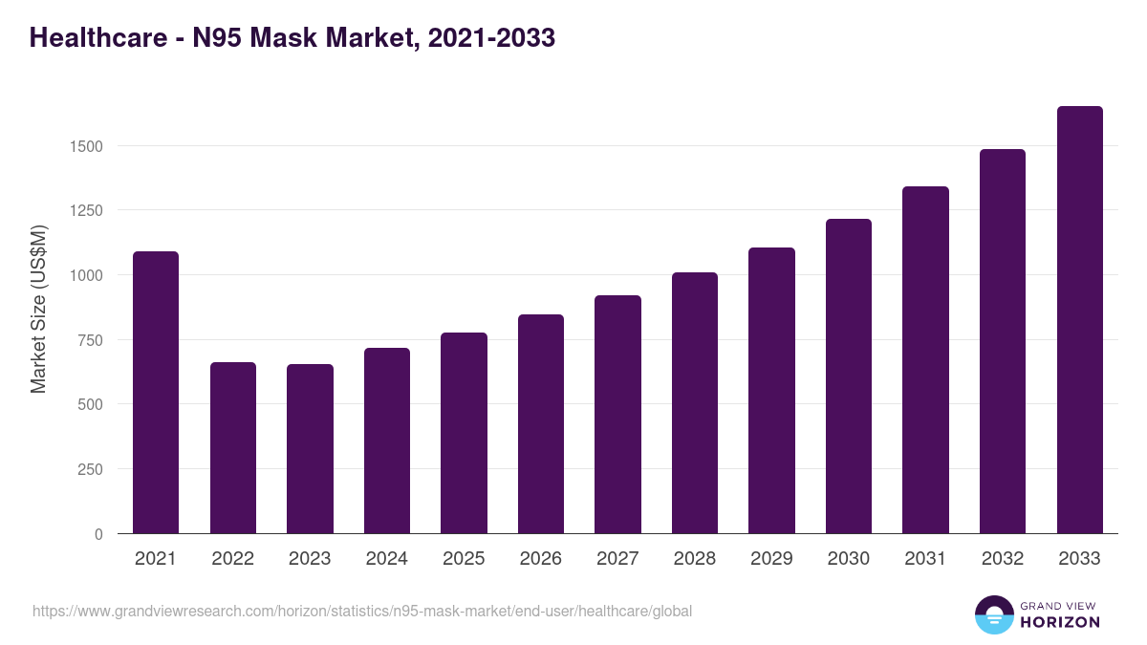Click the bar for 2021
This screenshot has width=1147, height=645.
(x=156, y=392)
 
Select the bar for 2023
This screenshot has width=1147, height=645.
(x=310, y=448)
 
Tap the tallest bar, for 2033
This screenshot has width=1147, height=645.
(x=1079, y=319)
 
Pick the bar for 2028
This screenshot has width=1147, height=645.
(x=695, y=402)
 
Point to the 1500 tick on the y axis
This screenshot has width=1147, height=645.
(x=86, y=146)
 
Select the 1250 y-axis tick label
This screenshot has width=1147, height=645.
(x=86, y=210)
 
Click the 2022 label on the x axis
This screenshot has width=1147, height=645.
(x=232, y=559)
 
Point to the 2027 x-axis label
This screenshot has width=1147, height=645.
(x=617, y=559)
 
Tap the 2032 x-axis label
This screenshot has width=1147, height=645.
(x=1003, y=559)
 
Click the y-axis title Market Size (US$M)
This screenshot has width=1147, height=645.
(x=38, y=308)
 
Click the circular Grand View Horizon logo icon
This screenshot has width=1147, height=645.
(x=993, y=614)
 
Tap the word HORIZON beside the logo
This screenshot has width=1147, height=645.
(x=1060, y=622)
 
